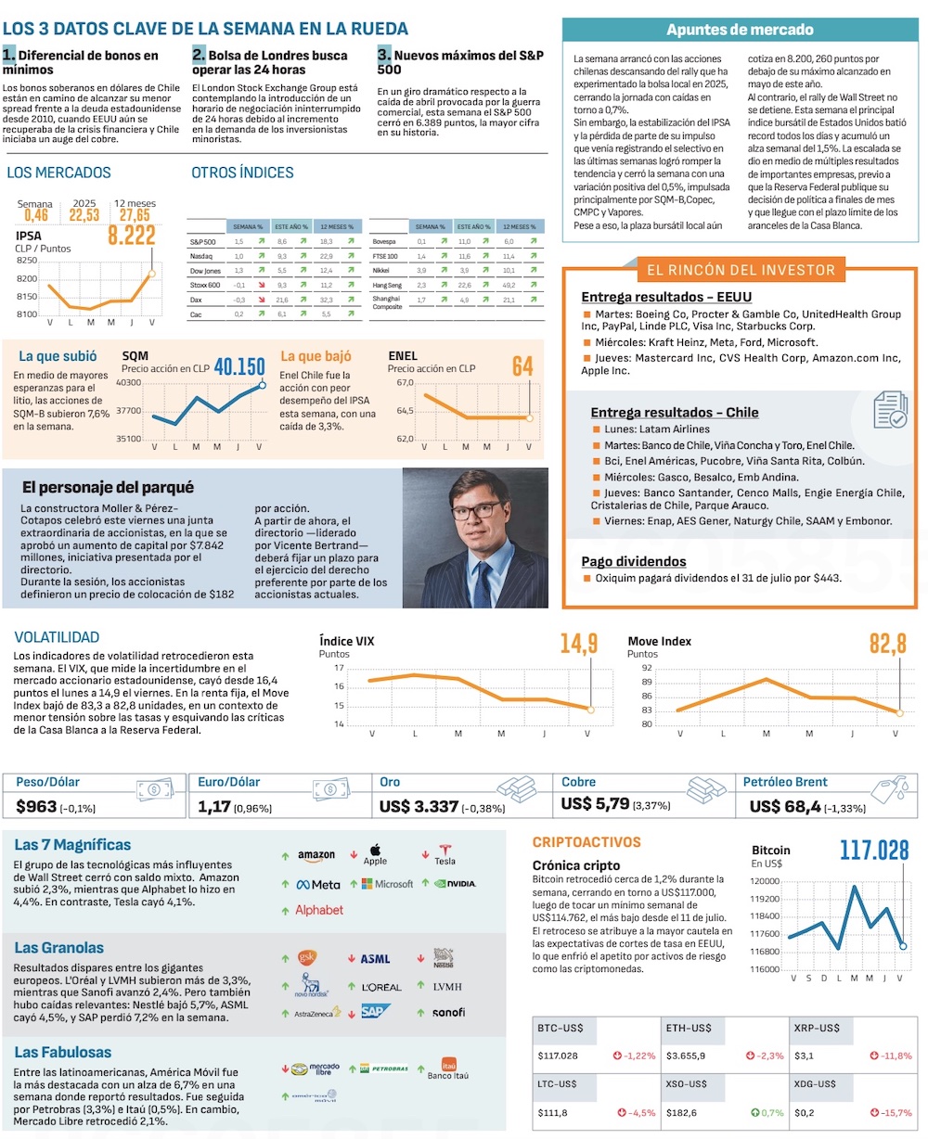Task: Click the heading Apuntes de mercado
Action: coord(740,30)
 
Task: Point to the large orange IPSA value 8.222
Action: coord(131,236)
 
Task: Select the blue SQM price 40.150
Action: coord(238,367)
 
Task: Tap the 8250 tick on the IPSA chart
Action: coord(27,261)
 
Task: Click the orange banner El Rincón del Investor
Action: coord(740,271)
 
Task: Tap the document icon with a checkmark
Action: coord(890,409)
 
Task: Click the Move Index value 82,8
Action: coord(886,644)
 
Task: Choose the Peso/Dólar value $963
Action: coord(37,807)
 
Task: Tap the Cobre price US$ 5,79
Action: coord(595,804)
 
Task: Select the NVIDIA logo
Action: coord(455,884)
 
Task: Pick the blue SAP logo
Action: coord(376,1012)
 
